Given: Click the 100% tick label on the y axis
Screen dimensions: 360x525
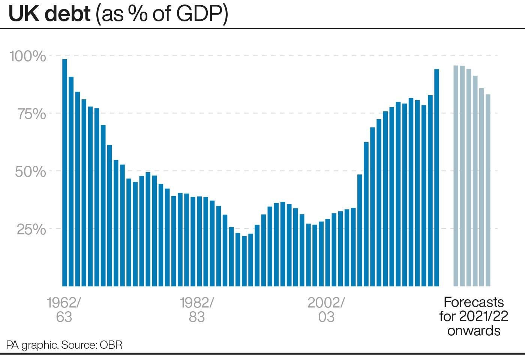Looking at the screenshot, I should pos(27,56).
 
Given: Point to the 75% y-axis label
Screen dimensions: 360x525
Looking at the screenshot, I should pos(32,114).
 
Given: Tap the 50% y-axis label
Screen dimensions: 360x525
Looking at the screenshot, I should pos(30,171).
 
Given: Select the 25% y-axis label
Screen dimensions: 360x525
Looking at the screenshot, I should pos(31,229).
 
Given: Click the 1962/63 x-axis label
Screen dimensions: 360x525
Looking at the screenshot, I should pos(64,309).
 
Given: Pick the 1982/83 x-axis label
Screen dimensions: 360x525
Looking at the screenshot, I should pos(196,309).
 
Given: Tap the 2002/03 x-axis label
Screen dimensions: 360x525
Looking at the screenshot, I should pos(326,309).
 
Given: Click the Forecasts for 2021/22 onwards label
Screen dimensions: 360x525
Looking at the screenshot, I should pos(474,316).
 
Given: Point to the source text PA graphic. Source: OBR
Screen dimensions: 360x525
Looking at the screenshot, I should pos(64,345).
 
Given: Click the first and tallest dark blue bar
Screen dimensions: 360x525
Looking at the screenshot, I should pos(64,172).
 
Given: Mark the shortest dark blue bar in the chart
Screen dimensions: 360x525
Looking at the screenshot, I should pos(244,261).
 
